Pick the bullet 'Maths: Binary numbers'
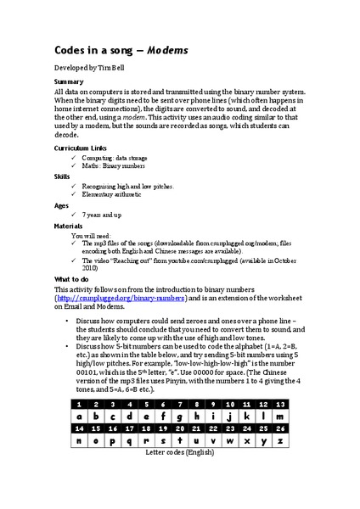114,166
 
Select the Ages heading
62,207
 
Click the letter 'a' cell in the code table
78,417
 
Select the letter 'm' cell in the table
288,417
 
